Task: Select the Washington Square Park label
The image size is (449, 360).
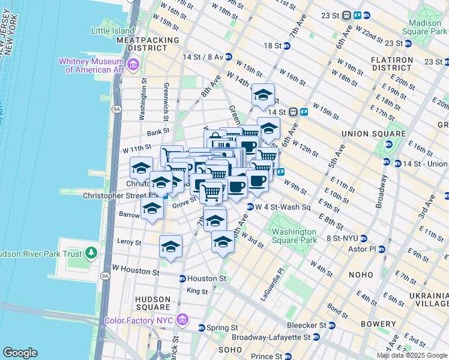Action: [x=294, y=236]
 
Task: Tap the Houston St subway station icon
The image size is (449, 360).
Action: [x=182, y=278]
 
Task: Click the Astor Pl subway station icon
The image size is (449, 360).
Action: [x=381, y=249]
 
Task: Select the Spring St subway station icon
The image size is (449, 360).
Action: [x=202, y=328]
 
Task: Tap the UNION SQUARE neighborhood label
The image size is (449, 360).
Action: [x=366, y=133]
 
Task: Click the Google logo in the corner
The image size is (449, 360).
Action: [x=20, y=353]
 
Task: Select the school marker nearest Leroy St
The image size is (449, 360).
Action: [x=170, y=246]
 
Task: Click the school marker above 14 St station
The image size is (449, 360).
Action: [x=263, y=95]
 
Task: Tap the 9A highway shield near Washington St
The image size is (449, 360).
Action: [x=116, y=109]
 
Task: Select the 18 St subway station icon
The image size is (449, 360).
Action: [x=287, y=46]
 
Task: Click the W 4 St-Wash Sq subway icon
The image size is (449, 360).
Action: [x=250, y=207]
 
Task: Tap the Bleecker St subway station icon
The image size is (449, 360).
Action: [x=331, y=325]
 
